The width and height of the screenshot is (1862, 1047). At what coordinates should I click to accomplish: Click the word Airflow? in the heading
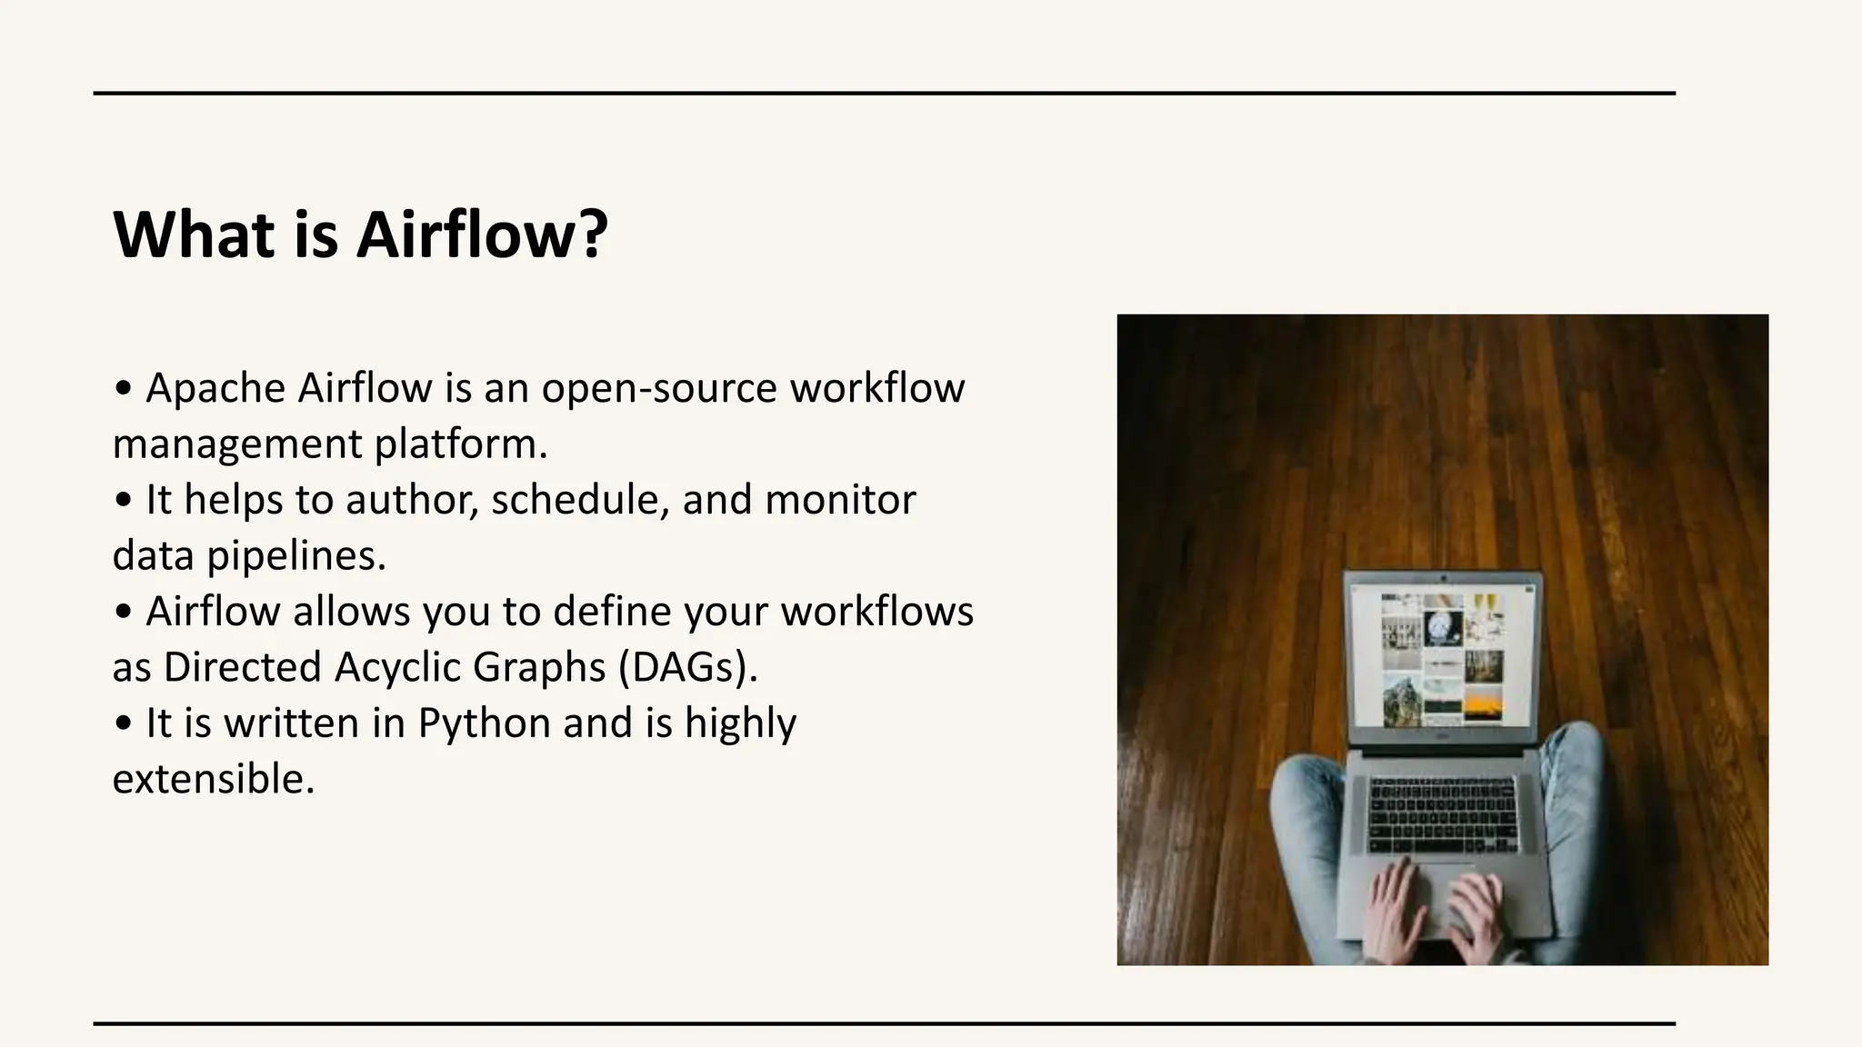[x=481, y=234]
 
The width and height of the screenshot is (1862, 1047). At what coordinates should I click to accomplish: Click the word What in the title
[x=194, y=234]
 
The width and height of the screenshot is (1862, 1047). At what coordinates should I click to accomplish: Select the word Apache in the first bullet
[x=215, y=389]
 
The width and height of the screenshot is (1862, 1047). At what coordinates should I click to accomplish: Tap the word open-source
[x=659, y=389]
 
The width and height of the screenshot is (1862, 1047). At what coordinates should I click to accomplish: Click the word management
[x=236, y=444]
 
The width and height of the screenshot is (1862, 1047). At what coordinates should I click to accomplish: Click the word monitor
[x=840, y=500]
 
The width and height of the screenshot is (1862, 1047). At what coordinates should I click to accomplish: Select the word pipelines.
[x=296, y=556]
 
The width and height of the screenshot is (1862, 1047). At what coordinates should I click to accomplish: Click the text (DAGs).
[x=688, y=667]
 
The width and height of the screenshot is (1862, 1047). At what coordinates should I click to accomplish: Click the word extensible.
[x=213, y=780]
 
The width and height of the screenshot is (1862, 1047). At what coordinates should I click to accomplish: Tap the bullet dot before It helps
[x=124, y=501]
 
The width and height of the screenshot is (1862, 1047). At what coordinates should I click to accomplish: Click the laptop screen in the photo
[x=1443, y=658]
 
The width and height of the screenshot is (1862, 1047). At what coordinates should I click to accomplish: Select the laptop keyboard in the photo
[x=1442, y=813]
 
